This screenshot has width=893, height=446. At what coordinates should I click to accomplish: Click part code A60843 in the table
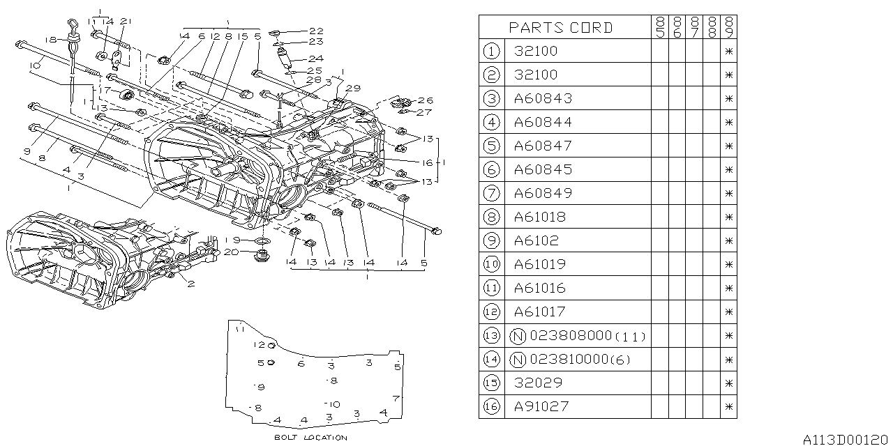tap(543, 98)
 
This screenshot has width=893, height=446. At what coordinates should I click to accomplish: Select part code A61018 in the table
tap(540, 217)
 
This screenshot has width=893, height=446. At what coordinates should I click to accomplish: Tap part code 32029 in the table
tap(538, 383)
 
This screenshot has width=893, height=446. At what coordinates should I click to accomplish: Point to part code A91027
tap(541, 406)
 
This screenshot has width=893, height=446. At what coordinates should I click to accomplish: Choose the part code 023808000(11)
tap(587, 336)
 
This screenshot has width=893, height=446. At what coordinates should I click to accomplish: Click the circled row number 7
tap(493, 193)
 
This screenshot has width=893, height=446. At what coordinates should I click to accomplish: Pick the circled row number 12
tap(493, 312)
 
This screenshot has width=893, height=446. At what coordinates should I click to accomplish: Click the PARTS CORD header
tap(561, 28)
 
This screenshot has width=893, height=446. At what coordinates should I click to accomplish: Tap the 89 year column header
tap(728, 27)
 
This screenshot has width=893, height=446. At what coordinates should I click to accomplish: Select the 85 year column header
tap(659, 27)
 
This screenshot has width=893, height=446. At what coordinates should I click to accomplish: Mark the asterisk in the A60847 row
tap(728, 146)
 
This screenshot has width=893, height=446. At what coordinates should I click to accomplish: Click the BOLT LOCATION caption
tap(310, 438)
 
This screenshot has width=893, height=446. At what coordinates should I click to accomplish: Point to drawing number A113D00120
tap(845, 439)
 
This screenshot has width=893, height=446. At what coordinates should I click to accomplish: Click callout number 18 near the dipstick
tap(50, 40)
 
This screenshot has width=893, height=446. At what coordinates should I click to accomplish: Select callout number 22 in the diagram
tap(317, 31)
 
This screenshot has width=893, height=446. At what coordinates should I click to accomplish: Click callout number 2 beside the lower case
tap(190, 284)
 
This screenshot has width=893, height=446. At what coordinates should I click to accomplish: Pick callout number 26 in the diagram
tap(425, 100)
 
